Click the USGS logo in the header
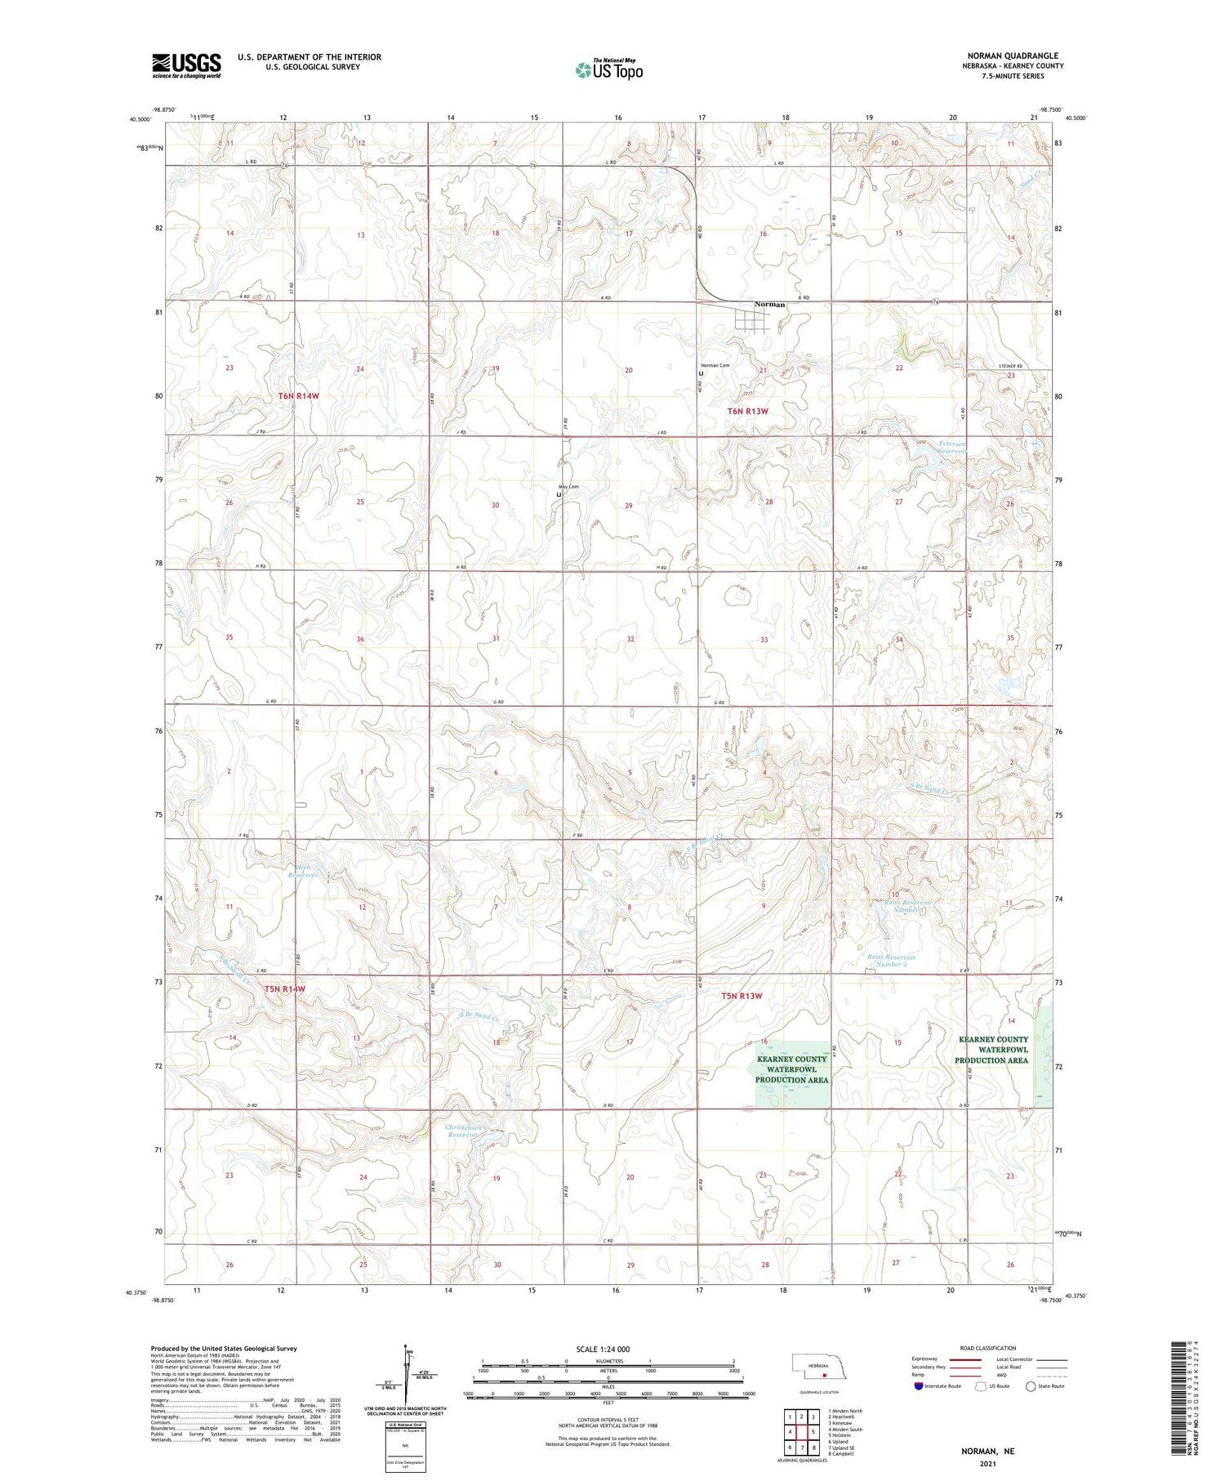click(x=186, y=65)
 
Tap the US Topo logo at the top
click(x=608, y=70)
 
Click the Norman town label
click(x=769, y=305)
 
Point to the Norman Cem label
click(x=715, y=365)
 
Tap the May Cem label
click(x=568, y=487)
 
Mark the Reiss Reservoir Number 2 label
click(x=891, y=961)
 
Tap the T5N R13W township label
click(x=742, y=996)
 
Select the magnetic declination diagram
click(x=407, y=1376)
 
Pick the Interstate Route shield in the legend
click(x=919, y=1386)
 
